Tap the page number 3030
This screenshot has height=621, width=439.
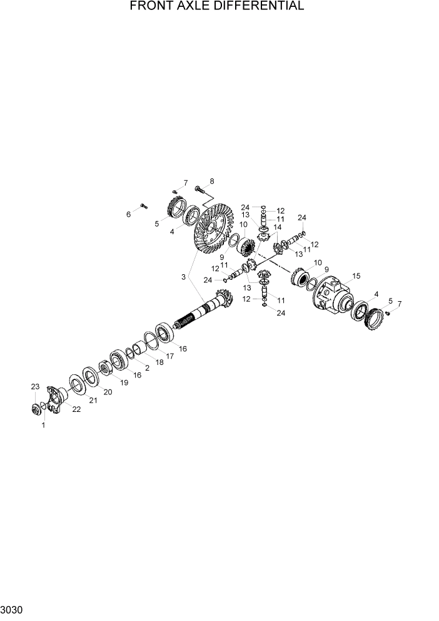tap(12, 609)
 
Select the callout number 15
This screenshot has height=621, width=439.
tap(356, 275)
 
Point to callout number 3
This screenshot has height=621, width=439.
tap(183, 276)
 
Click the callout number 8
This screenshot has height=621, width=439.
tap(211, 181)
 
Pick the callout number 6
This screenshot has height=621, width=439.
tap(129, 214)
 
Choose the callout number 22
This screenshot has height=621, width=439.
tap(76, 409)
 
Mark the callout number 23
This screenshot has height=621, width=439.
tap(35, 387)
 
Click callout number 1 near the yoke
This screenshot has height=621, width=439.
tap(43, 425)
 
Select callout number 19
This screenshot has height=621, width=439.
tap(124, 382)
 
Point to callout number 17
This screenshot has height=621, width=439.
tap(169, 356)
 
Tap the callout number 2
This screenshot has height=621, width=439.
tap(147, 367)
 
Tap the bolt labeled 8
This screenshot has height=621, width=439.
tap(199, 188)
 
